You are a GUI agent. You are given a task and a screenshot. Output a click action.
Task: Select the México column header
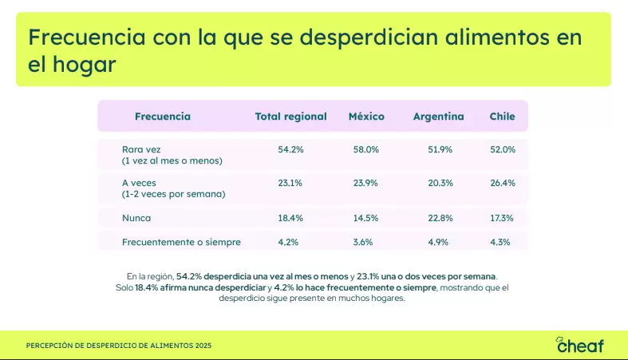[x=366, y=117]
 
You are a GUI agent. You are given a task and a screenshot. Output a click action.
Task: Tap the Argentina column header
[x=438, y=117]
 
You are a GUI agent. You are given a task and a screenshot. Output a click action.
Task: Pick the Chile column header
[x=502, y=117]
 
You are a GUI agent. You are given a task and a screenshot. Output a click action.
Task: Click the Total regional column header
[x=290, y=117]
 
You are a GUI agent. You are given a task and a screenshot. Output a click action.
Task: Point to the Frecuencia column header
[x=163, y=117]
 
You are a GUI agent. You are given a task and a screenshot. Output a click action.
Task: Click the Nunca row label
[x=136, y=217]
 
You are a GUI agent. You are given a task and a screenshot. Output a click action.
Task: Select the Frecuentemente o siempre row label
[x=181, y=242]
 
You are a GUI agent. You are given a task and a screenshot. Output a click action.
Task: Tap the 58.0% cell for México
[x=366, y=149]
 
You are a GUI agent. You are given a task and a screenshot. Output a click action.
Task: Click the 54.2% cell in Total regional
[x=290, y=149]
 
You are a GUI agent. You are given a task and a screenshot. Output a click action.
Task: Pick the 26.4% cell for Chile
[x=502, y=183]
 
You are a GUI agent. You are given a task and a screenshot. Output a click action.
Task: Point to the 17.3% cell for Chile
[x=502, y=217]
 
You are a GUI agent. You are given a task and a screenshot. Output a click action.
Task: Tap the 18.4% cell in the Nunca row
[x=290, y=217]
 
